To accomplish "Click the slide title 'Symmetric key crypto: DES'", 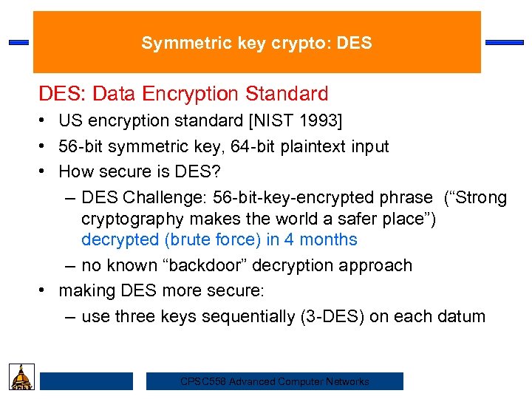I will (256, 44).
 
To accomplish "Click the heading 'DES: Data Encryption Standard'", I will (183, 95).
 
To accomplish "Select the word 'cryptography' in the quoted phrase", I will (132, 219).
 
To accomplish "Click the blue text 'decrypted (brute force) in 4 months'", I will (219, 239).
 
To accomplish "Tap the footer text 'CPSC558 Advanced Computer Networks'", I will (274, 382).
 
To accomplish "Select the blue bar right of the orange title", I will (504, 43).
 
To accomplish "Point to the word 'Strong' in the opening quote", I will (479, 198).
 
